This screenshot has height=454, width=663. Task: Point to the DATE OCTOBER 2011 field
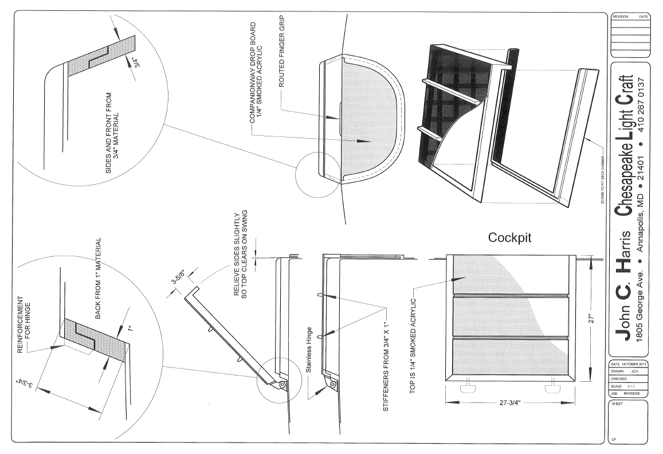[629, 365]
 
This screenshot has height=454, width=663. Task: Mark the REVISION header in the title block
[621, 17]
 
